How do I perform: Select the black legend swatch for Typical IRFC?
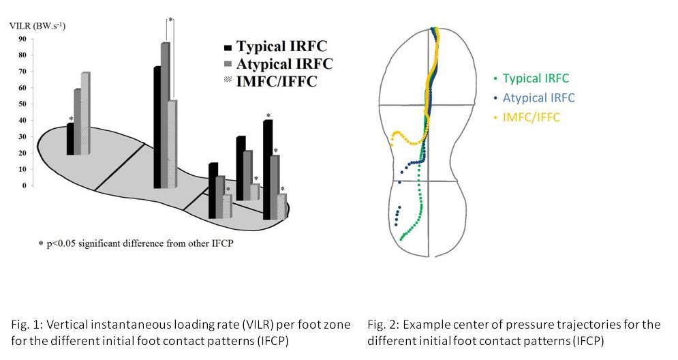[228, 48]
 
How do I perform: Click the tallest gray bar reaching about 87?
[165, 116]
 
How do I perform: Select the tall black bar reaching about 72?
[157, 127]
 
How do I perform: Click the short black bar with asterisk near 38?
[70, 139]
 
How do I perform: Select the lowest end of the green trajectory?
[401, 239]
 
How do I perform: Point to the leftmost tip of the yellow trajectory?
[391, 144]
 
